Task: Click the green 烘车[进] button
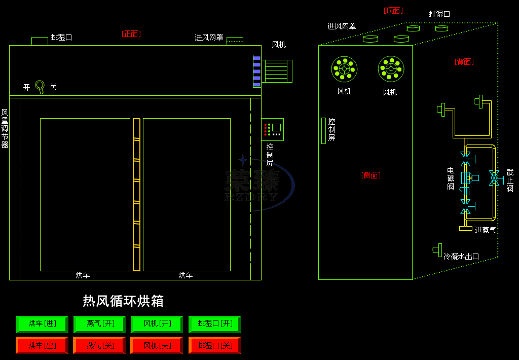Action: point(42,323)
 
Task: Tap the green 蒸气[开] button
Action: point(99,323)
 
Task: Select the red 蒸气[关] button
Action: point(99,345)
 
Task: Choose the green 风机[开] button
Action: point(157,323)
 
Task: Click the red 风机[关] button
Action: point(157,345)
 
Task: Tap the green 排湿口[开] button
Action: point(214,323)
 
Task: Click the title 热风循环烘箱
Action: point(123,301)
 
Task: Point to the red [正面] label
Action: point(131,34)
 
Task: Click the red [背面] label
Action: point(464,61)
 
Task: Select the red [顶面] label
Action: point(393,11)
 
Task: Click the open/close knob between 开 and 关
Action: point(40,86)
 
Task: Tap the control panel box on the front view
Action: point(273,129)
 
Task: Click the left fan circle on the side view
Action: point(344,69)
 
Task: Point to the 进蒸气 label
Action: point(486,230)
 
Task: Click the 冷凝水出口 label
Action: point(461,257)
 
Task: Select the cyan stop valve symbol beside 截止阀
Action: point(494,177)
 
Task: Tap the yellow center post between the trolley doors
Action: point(136,195)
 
